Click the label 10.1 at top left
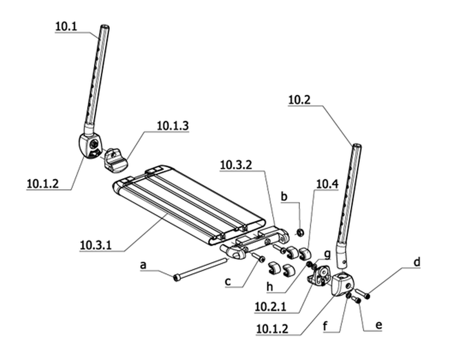click(66, 27)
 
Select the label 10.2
click(299, 100)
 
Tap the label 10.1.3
click(173, 126)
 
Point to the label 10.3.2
click(236, 165)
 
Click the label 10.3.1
click(95, 245)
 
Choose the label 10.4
click(327, 184)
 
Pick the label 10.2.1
click(270, 307)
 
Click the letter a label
click(143, 265)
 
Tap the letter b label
click(284, 196)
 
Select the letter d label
click(417, 262)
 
